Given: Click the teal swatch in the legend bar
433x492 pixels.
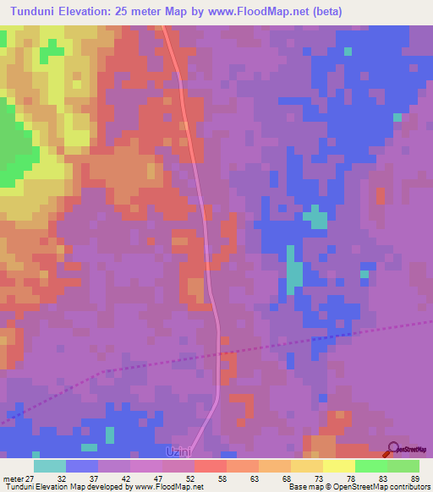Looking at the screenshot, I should (50, 466).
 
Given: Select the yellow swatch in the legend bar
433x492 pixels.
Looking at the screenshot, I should (338, 466).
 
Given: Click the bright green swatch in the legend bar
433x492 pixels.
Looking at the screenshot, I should (370, 466).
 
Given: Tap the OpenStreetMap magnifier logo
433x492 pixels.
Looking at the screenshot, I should (392, 449).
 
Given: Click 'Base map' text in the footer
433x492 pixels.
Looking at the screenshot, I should (303, 487).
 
